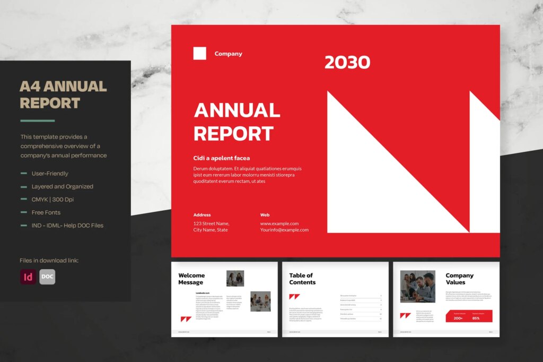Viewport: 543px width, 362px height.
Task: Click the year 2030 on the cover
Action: point(347,63)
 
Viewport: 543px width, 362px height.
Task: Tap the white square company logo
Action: point(200,53)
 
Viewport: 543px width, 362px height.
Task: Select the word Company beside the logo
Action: point(228,54)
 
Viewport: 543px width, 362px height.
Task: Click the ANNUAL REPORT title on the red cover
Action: point(237,122)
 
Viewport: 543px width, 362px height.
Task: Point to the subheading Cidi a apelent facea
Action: point(222,158)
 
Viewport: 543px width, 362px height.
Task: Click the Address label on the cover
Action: point(202,215)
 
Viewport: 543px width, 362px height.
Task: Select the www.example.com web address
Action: point(279,223)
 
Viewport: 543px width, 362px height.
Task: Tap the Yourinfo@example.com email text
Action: point(284,230)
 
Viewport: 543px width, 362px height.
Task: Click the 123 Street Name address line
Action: point(211,223)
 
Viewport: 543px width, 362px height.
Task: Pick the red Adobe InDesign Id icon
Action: point(28,277)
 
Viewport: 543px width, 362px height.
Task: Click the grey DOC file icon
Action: point(47,277)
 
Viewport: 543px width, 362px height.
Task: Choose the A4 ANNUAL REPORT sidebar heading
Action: point(63,94)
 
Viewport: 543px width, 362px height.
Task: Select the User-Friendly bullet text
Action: point(50,174)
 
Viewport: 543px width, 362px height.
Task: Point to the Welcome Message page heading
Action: point(191,279)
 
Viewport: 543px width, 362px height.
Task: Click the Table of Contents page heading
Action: point(302,279)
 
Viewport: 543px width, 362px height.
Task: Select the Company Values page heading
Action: point(459,279)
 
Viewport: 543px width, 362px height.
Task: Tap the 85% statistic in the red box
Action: point(476,318)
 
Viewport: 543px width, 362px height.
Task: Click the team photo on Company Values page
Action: point(417,287)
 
